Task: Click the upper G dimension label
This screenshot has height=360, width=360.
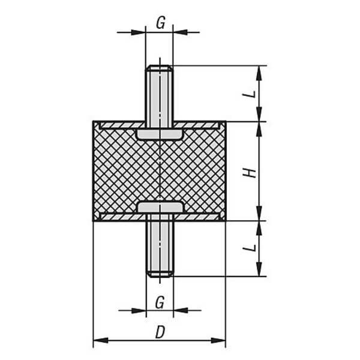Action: (x=160, y=23)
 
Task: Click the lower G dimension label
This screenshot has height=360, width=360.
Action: (x=160, y=302)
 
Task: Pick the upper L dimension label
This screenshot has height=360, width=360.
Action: (x=250, y=94)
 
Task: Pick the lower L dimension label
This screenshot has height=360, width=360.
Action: (x=250, y=248)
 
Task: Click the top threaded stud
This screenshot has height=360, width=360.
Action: (x=160, y=96)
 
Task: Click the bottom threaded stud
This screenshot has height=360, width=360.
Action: (x=160, y=245)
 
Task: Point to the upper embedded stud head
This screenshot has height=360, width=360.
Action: (x=160, y=134)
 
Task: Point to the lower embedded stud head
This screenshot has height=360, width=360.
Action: (x=161, y=207)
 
